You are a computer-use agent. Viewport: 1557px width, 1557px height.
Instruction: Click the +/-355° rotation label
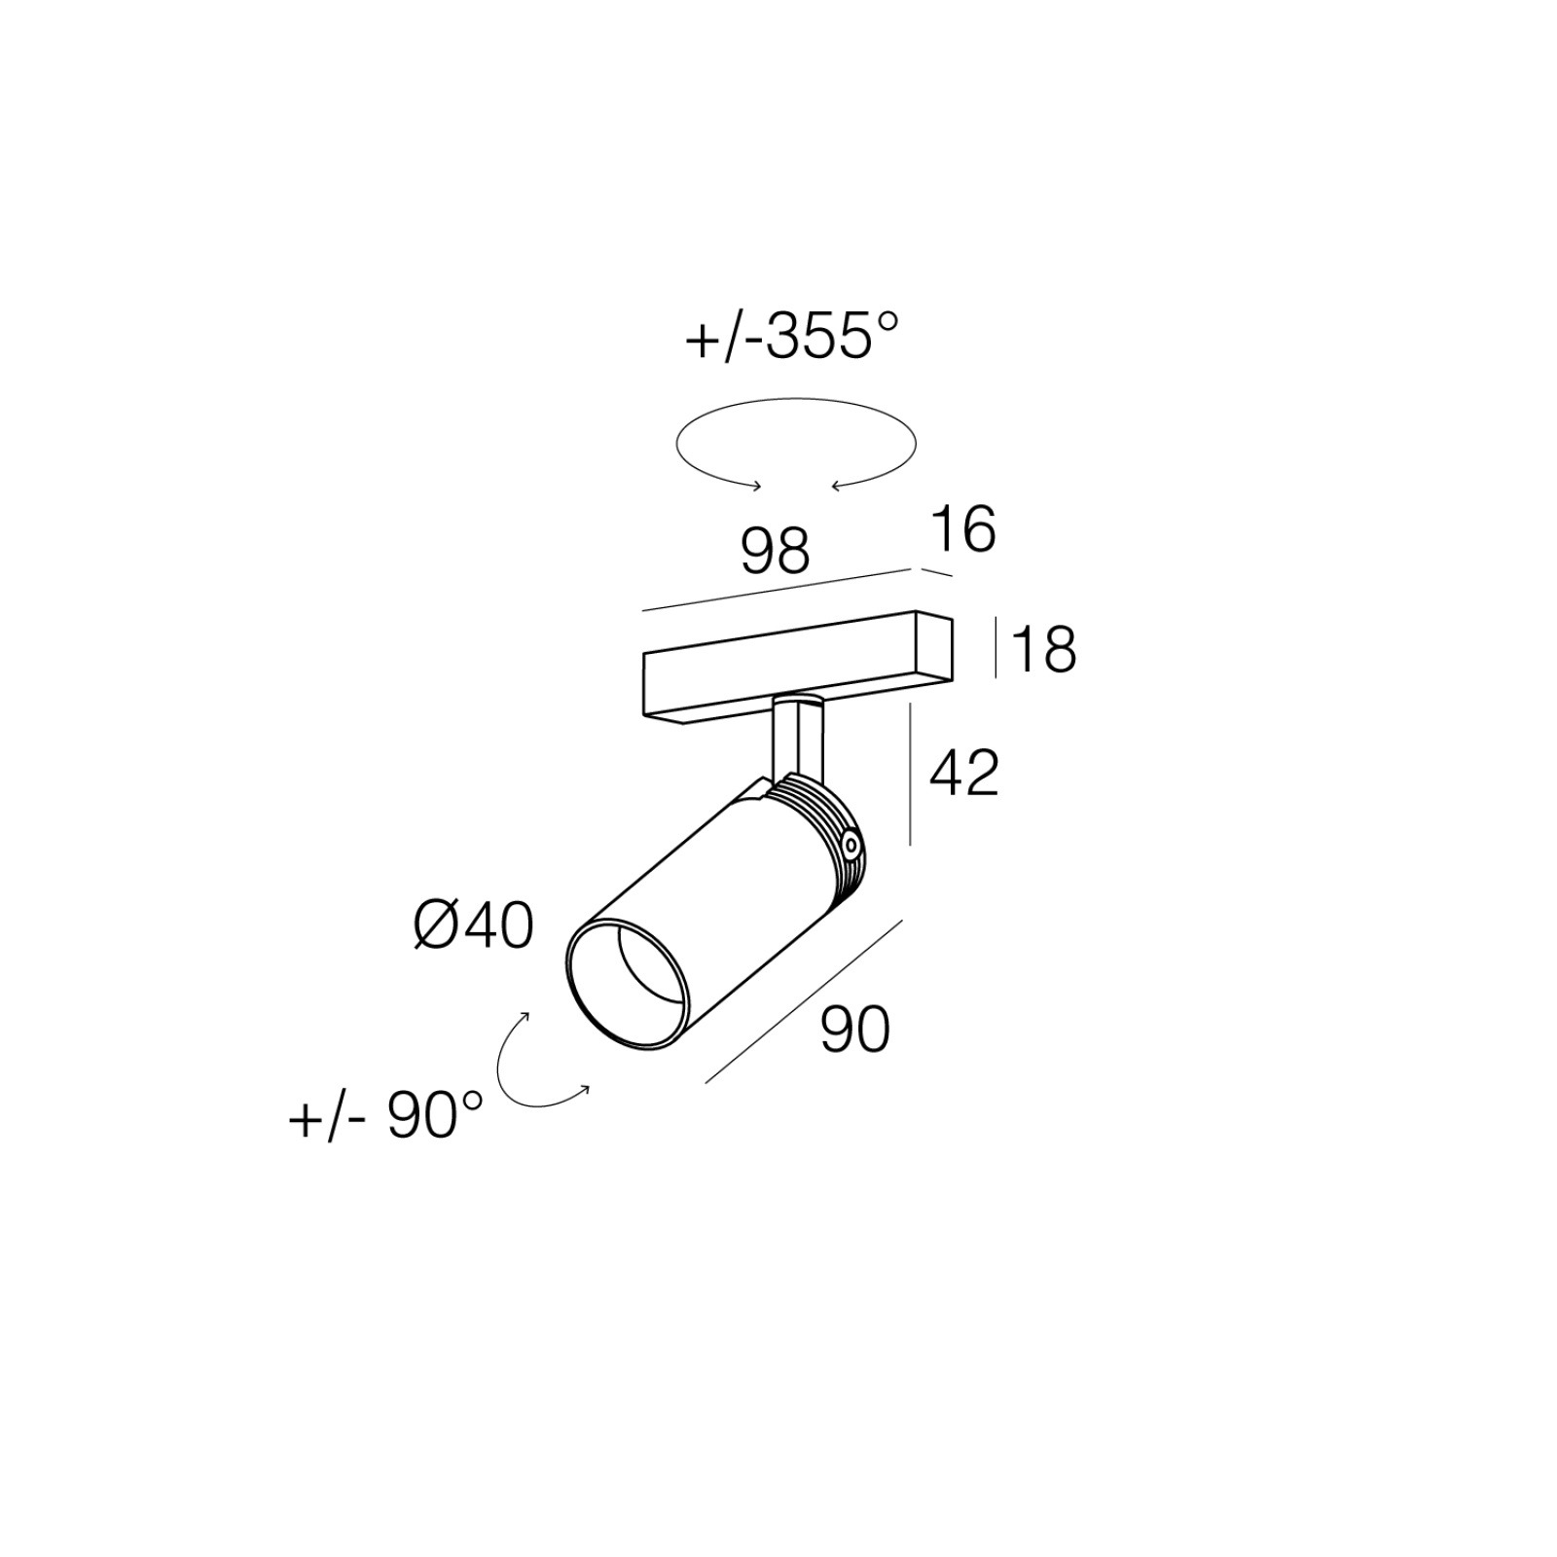(x=791, y=338)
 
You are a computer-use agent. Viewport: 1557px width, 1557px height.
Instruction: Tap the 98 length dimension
(x=776, y=551)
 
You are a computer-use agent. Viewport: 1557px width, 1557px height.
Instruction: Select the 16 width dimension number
(x=963, y=530)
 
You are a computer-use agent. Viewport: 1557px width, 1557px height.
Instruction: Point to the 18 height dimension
(x=1044, y=649)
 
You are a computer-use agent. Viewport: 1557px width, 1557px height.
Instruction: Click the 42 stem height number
(x=964, y=774)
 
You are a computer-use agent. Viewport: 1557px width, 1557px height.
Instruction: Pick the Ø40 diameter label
(x=474, y=925)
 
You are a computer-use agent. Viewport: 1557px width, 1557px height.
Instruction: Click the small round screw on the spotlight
(x=851, y=846)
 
